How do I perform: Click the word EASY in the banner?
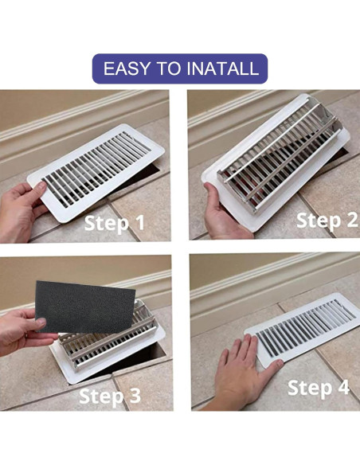tap(127, 68)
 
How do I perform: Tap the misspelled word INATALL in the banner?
tap(222, 68)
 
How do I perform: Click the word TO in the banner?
tap(168, 68)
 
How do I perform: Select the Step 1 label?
tap(115, 224)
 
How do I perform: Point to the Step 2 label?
tap(327, 221)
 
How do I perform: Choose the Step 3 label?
tap(110, 396)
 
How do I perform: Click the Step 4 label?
tap(319, 388)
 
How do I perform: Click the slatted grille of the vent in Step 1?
tap(96, 170)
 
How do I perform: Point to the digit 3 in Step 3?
tap(135, 396)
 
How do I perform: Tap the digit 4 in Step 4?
tap(344, 388)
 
